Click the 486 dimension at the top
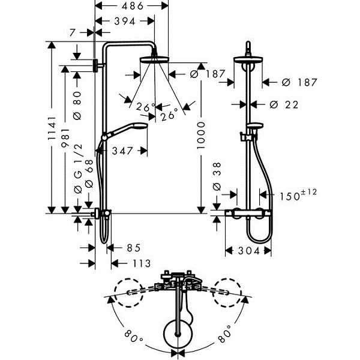(x=133, y=6)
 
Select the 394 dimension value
(x=125, y=21)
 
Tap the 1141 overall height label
(x=52, y=128)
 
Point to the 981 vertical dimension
(x=65, y=137)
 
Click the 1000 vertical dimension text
(x=201, y=136)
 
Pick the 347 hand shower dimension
(x=122, y=151)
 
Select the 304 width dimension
(x=248, y=250)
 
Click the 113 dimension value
(x=142, y=263)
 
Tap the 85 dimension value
(x=134, y=248)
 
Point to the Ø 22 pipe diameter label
(x=284, y=104)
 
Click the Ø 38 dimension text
(x=217, y=176)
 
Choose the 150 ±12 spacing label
(x=298, y=194)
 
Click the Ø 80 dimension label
(x=77, y=106)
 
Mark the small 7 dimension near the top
(x=73, y=33)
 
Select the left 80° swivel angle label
(x=134, y=336)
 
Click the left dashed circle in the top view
(x=129, y=293)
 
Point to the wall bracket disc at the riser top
(x=95, y=65)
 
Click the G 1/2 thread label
(x=78, y=162)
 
